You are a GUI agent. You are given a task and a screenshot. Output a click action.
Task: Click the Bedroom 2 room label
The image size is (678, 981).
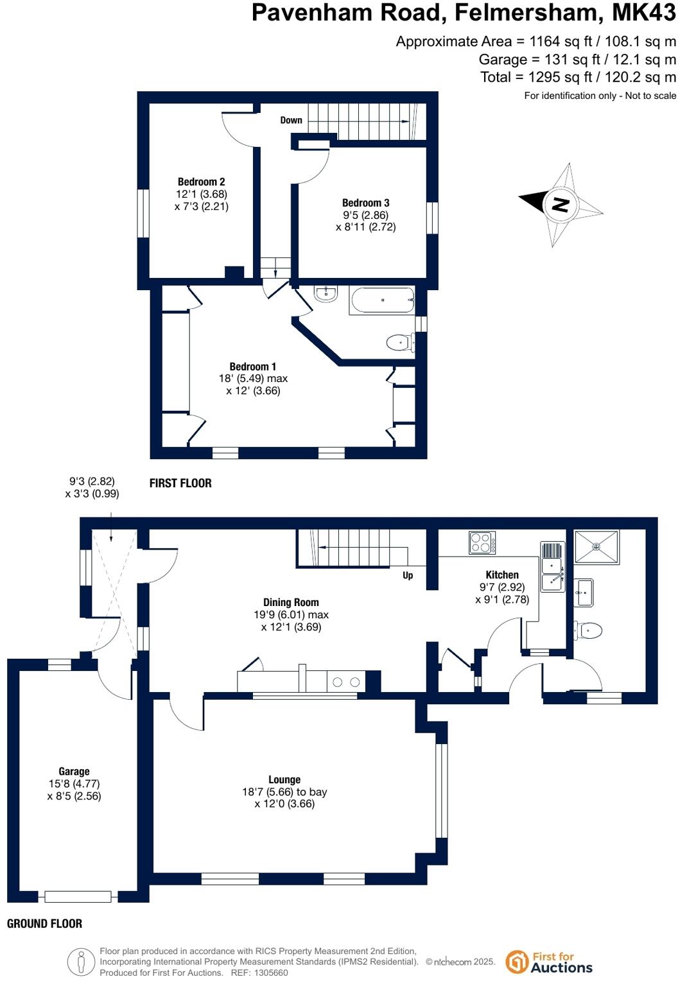201,182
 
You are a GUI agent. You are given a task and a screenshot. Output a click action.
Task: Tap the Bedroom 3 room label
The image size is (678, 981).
365,203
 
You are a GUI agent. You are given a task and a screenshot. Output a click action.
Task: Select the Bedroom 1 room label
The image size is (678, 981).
253,367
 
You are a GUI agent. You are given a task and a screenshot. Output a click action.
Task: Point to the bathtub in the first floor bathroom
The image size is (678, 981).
382,300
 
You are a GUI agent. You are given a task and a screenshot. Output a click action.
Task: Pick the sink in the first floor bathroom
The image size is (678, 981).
326,294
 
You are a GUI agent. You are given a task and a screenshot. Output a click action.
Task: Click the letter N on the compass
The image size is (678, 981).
561,205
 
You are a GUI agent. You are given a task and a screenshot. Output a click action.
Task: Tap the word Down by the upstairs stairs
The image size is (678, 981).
291,120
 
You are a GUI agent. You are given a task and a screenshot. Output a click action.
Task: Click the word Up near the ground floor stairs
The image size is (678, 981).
408,575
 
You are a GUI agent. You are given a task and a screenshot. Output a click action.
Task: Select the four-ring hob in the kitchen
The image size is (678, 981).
482,543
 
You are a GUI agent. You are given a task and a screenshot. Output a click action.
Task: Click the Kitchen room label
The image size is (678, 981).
502,575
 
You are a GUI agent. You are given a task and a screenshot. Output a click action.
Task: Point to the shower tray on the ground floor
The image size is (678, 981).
596,547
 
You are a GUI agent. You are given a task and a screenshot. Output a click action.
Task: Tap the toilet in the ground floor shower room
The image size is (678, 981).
590,630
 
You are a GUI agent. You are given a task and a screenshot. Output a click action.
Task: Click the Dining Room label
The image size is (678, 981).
291,602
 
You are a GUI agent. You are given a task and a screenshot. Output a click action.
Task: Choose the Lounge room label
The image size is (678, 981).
284,779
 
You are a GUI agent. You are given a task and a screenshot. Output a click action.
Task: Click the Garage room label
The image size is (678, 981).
74,771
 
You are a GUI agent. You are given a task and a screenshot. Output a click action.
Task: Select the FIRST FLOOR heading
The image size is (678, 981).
180,483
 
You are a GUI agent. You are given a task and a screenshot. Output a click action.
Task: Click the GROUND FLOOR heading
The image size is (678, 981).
44,924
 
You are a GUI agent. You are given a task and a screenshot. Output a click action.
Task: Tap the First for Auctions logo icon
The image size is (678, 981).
517,962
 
